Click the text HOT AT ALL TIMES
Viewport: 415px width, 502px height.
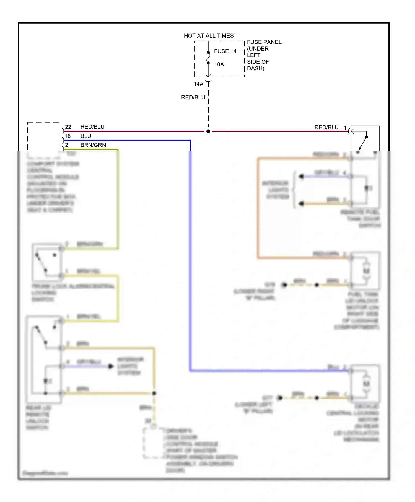pos(209,36)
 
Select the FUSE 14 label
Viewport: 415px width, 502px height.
pos(225,51)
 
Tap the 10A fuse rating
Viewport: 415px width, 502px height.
pos(219,64)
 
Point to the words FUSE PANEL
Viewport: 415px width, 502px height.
pos(264,42)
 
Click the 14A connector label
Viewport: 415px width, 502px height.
pos(198,84)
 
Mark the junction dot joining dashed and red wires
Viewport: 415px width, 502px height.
pos(208,131)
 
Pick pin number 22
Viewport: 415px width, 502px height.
pos(68,127)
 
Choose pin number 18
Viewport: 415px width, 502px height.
pos(68,136)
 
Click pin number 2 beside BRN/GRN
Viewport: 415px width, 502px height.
pos(67,145)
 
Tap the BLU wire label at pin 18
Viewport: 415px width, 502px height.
pos(86,136)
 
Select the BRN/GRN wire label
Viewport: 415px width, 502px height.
pos(93,145)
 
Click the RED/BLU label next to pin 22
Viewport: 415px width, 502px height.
pos(92,127)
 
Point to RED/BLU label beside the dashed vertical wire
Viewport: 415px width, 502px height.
pos(193,97)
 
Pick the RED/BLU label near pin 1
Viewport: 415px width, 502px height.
pos(326,127)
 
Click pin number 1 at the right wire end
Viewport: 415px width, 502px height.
pos(345,128)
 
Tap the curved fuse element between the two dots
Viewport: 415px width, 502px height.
pos(208,58)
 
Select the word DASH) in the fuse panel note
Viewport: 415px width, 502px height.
pos(255,68)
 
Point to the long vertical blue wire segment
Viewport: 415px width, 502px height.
pos(190,249)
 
